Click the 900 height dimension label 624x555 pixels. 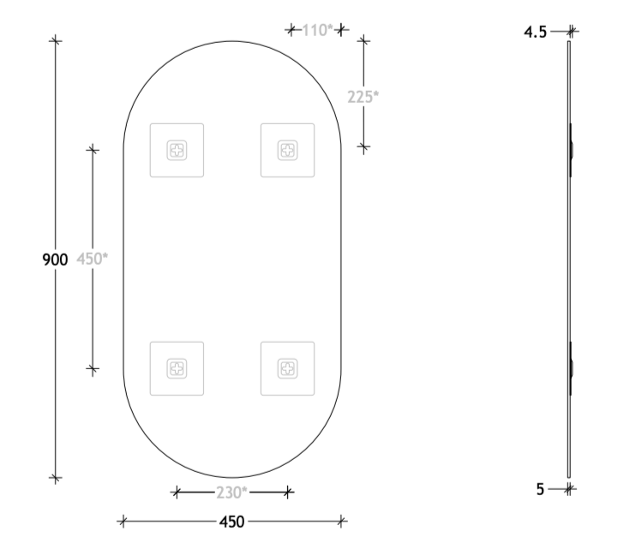tap(55, 259)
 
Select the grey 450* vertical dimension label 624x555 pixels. tap(92, 259)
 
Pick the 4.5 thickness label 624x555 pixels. tap(536, 32)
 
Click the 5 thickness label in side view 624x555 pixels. tap(541, 490)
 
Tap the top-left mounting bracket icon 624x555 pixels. tap(177, 150)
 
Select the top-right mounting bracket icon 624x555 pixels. tap(287, 150)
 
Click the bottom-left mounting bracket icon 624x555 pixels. tap(177, 368)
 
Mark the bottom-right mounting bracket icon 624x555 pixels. tap(287, 368)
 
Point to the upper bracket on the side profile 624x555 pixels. tap(572, 150)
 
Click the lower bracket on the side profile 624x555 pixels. tap(572, 368)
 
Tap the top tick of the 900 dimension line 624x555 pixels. tap(56, 39)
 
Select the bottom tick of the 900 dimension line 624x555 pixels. tap(56, 478)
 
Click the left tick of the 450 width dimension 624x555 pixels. tap(123, 520)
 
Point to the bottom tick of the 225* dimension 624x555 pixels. tap(363, 147)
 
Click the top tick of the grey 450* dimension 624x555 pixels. tap(93, 149)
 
